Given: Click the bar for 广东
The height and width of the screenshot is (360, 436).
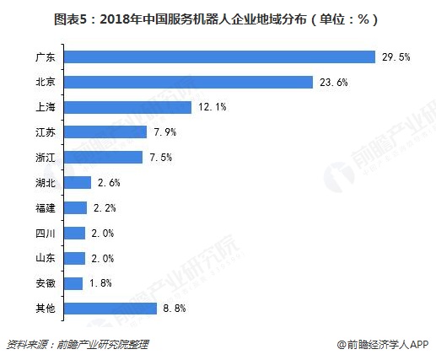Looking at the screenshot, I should click(219, 56).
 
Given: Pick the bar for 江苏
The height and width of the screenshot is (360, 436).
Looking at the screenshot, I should click(105, 132).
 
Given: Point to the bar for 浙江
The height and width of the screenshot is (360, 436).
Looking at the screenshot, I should click(103, 158).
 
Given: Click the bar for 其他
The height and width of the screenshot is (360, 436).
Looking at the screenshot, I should click(110, 309).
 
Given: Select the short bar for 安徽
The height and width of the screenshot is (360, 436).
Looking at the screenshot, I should click(73, 283).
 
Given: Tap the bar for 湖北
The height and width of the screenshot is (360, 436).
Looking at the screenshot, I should click(78, 182).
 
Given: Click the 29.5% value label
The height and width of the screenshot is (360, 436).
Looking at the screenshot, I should click(396, 57).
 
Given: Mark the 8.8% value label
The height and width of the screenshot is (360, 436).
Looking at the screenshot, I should click(176, 309).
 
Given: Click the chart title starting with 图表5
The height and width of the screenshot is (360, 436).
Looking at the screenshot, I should click(218, 18).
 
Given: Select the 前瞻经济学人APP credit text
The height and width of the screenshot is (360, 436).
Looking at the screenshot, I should click(384, 344).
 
